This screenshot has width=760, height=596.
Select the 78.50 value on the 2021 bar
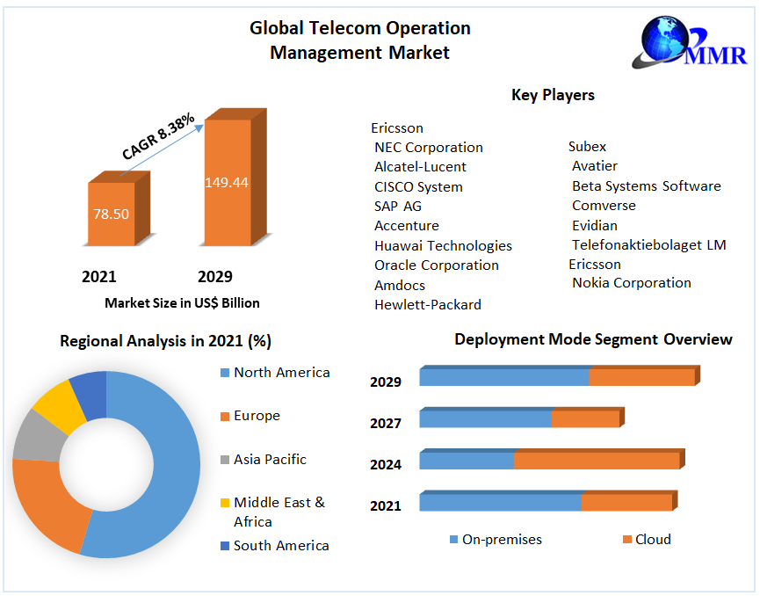[112, 214]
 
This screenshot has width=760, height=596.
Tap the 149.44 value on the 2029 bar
[227, 183]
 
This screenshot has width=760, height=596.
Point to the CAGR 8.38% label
[158, 136]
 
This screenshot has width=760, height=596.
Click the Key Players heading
[553, 95]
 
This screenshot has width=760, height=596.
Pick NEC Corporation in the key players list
[429, 148]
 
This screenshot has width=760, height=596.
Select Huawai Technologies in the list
[443, 246]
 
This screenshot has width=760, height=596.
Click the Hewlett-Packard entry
[428, 305]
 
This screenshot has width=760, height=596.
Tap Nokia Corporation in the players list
[632, 283]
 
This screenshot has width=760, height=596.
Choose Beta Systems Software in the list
[647, 186]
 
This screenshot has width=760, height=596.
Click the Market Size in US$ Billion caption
[182, 303]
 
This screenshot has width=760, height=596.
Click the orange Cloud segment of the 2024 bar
[597, 461]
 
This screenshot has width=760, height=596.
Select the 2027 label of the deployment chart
[386, 424]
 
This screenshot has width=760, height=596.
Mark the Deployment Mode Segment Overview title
[593, 339]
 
